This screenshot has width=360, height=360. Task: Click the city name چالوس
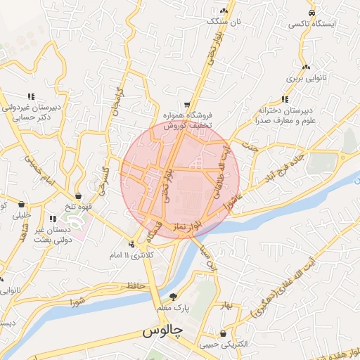pyautogui.click(x=162, y=330)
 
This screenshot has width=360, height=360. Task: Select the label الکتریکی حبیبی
pyautogui.click(x=223, y=344)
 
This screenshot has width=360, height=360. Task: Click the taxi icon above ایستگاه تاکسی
pyautogui.click(x=311, y=12)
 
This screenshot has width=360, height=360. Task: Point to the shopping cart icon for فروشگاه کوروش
pyautogui.click(x=186, y=102)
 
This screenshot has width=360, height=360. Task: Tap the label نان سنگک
pyautogui.click(x=223, y=22)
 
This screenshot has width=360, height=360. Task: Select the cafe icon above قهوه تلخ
pyautogui.click(x=78, y=196)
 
